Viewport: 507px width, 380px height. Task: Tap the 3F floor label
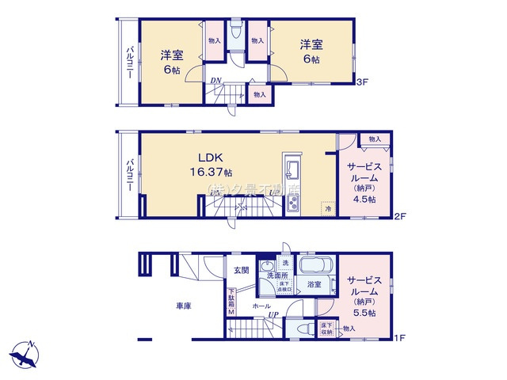tap(362, 82)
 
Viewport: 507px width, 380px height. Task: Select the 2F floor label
tap(402, 216)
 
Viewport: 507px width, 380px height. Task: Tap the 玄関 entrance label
tap(241, 270)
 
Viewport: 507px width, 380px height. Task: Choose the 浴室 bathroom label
tap(313, 283)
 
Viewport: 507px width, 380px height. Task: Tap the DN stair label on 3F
tap(215, 79)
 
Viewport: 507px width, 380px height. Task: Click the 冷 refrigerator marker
tap(327, 211)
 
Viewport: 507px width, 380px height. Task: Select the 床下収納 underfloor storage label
tap(326, 328)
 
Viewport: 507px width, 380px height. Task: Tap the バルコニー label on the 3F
tap(128, 64)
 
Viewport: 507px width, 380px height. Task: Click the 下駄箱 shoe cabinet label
tap(232, 300)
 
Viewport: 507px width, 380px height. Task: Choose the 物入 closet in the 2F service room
tap(375, 139)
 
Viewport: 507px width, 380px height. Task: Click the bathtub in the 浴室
tap(314, 264)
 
